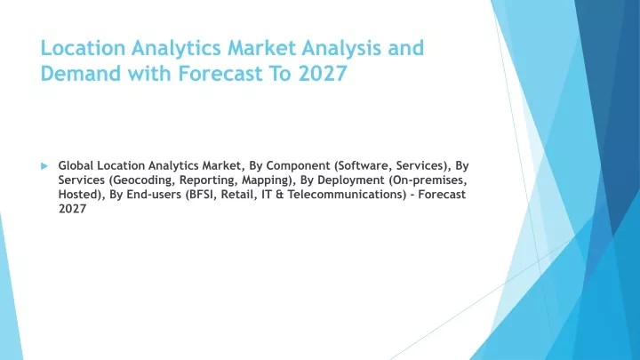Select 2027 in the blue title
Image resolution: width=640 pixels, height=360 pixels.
(323, 74)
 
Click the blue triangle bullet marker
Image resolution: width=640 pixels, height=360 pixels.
(44, 166)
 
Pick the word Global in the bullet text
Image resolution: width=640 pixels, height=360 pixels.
(76, 165)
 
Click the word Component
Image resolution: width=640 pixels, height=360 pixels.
(298, 165)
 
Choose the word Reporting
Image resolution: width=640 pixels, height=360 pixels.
(209, 180)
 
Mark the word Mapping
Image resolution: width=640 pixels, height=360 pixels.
(268, 180)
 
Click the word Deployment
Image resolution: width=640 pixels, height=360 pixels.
(351, 180)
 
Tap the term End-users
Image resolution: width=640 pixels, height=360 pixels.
(154, 195)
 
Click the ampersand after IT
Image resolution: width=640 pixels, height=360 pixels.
(280, 195)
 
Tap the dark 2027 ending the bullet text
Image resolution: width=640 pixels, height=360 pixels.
(72, 209)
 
